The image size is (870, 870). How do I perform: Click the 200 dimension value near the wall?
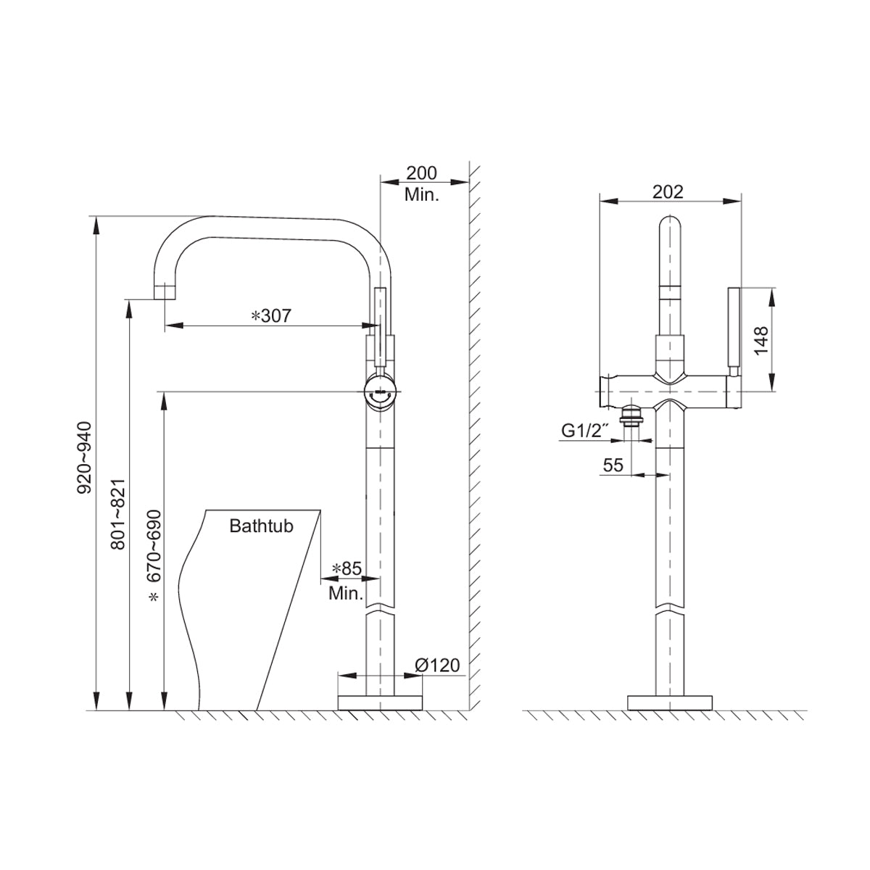coord(421,173)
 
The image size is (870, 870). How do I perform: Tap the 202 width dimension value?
coord(668,191)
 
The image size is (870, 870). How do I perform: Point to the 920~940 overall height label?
coord(85,457)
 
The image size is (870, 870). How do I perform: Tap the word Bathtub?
coord(261,526)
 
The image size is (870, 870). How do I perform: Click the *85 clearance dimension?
coord(346,568)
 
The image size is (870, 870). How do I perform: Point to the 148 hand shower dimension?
coord(760,340)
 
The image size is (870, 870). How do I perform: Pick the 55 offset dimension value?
coord(613,465)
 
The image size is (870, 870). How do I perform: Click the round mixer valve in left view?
coord(381,391)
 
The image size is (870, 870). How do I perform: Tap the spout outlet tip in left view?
coord(166,291)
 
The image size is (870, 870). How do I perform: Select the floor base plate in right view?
coord(670,703)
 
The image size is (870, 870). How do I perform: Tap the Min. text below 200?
coord(421,195)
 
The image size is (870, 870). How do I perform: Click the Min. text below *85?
coord(346,594)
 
